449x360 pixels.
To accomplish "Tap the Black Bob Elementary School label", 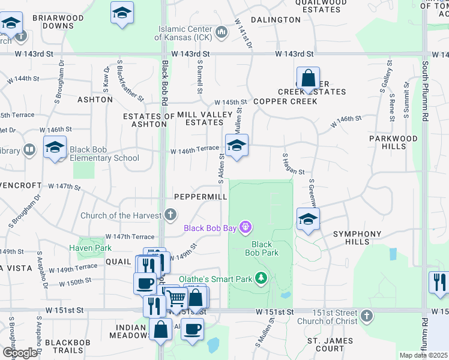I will [104, 154].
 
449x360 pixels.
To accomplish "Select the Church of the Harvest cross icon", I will [171, 215].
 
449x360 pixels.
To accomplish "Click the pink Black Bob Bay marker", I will [245, 227].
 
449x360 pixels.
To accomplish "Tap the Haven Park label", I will [90, 248].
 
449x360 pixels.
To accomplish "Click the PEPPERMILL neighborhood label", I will [200, 197].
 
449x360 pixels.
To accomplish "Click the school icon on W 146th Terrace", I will [237, 145].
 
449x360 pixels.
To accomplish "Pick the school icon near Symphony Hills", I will [308, 219].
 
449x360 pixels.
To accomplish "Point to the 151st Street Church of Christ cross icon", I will [367, 315].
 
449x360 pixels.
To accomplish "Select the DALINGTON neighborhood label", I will [276, 20].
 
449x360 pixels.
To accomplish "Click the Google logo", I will [20, 352].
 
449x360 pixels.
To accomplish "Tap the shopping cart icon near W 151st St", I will [175, 296].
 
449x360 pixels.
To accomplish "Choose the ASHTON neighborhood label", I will [95, 100].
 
